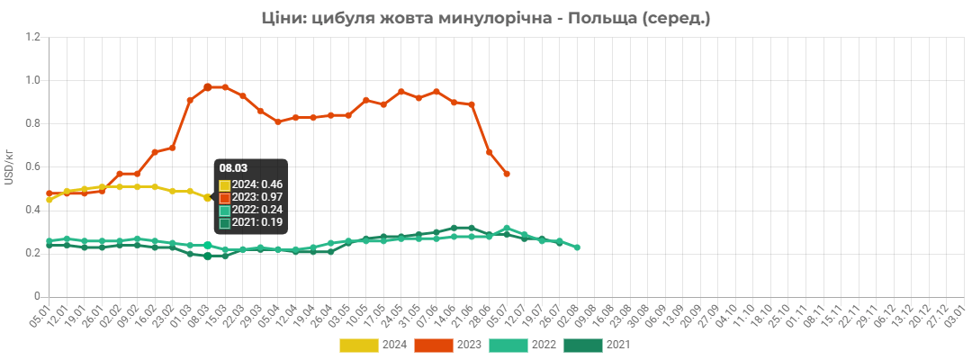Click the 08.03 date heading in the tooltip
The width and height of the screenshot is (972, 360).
(233, 167)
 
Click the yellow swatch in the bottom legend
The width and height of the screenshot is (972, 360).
(358, 345)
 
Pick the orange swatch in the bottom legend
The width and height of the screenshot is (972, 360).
(433, 345)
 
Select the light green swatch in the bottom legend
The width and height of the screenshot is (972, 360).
(508, 345)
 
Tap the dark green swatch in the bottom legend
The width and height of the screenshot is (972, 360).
(582, 345)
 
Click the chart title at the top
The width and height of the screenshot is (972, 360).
(486, 18)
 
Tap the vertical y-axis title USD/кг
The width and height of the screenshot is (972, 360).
(9, 167)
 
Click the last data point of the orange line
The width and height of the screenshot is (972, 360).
(507, 174)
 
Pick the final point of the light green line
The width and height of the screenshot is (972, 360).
(577, 247)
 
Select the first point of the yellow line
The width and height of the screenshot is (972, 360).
(49, 200)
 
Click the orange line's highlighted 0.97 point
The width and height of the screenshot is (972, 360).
(207, 86)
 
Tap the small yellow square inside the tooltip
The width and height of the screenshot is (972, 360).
(225, 185)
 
